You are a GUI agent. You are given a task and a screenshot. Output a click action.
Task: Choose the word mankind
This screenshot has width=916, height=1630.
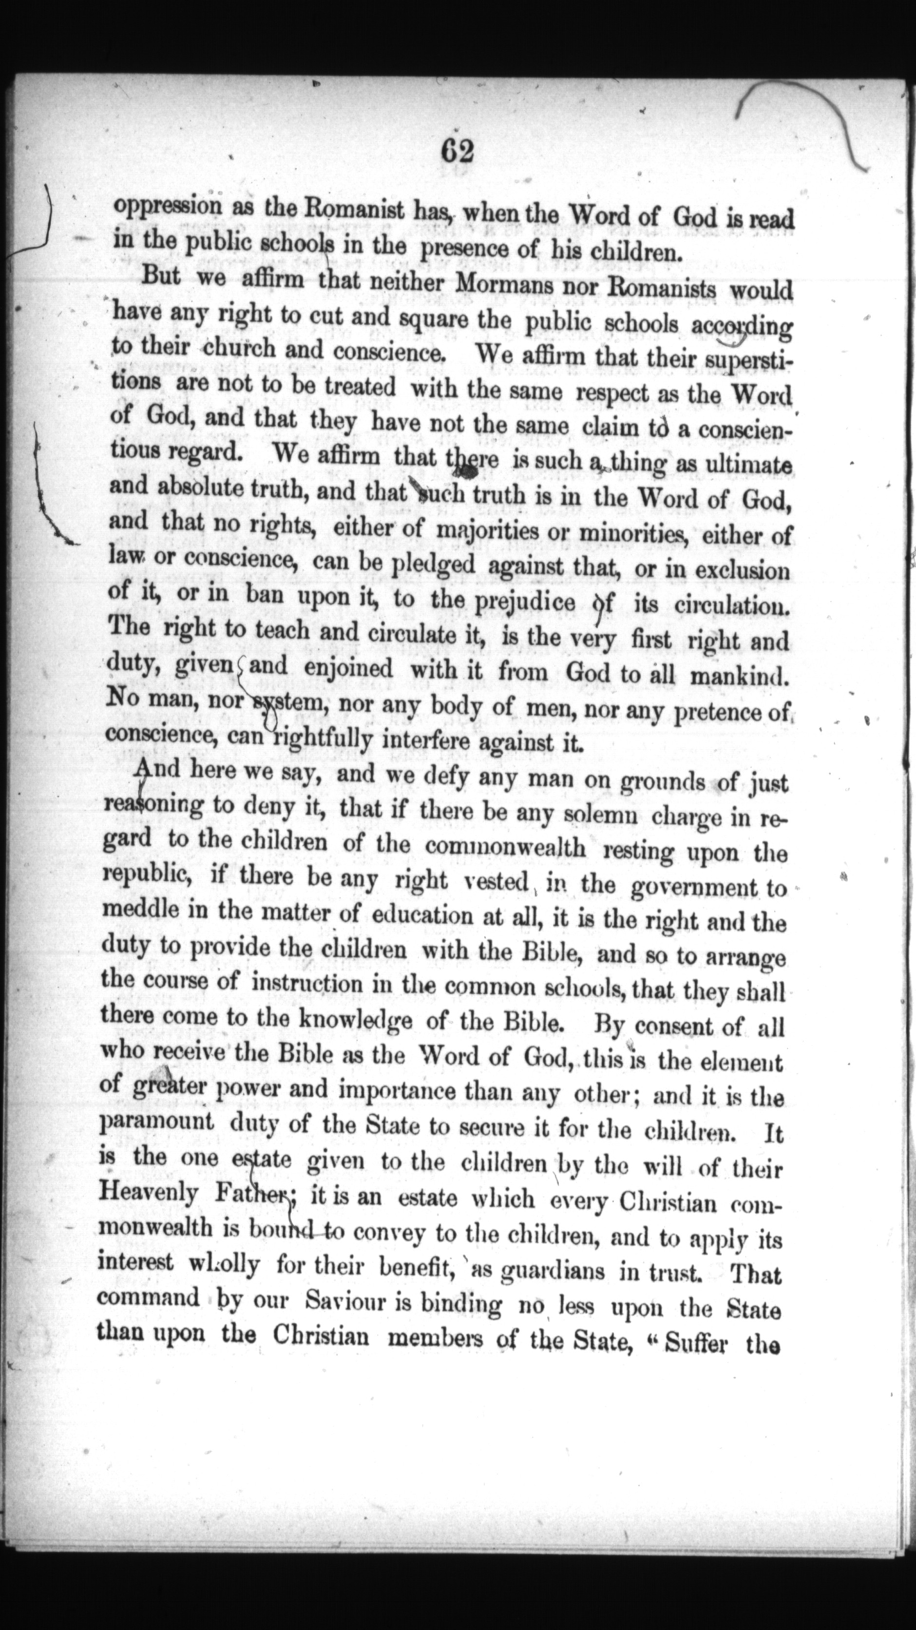[739, 675]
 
